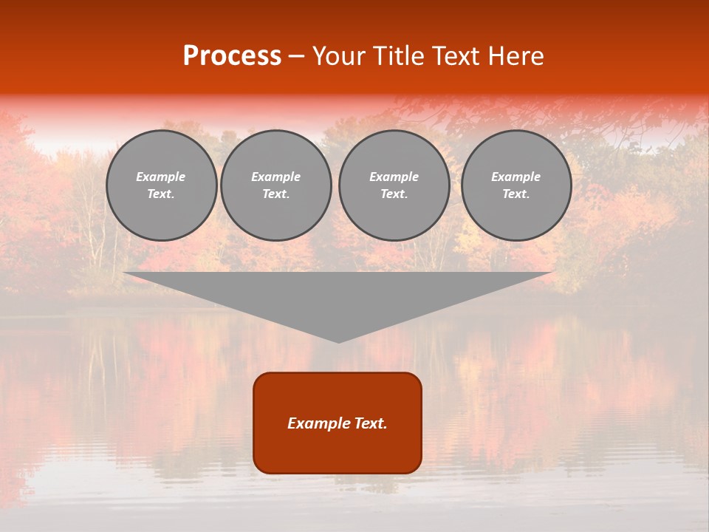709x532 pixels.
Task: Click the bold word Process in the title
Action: coord(232,56)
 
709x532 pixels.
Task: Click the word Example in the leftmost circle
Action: coord(161,177)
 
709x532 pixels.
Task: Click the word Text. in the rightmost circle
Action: coord(516,194)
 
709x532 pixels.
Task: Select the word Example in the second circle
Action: coord(275,177)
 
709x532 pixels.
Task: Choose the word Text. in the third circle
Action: coord(394,194)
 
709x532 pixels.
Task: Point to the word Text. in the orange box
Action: coord(370,423)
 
